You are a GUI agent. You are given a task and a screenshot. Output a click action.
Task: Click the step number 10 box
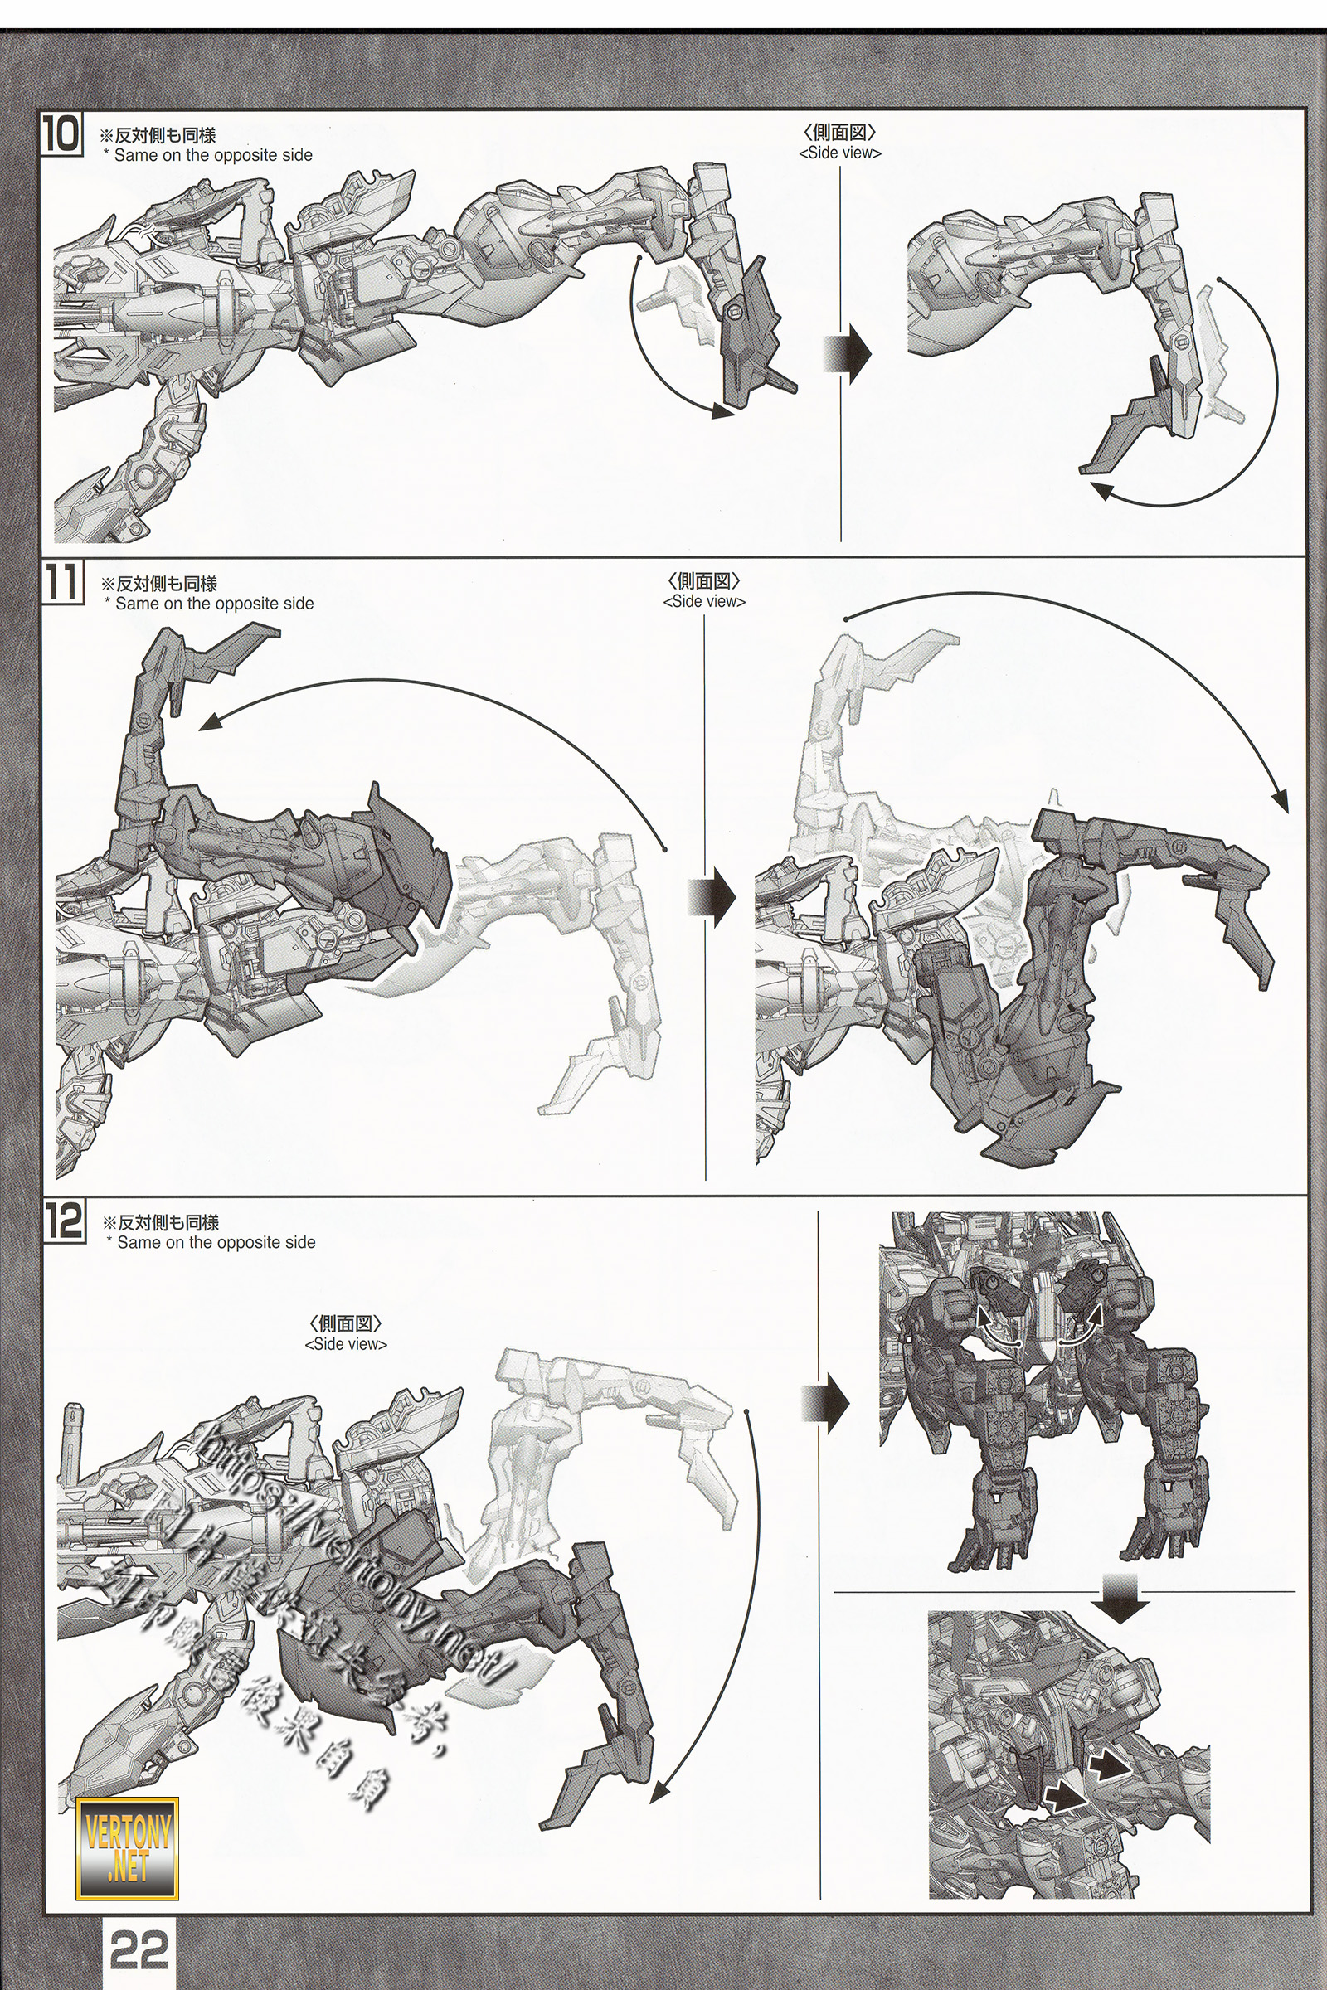61,136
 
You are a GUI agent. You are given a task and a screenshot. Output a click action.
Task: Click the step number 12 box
64,1222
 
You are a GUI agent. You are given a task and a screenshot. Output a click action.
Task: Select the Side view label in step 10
839,153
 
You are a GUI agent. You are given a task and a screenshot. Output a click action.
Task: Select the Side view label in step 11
704,602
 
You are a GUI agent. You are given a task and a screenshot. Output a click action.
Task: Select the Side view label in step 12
345,1344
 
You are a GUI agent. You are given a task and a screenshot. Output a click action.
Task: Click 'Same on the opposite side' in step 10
212,156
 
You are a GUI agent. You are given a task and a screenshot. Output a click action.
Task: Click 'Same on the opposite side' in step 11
214,604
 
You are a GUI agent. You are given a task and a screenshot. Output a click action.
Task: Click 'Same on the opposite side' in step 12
216,1243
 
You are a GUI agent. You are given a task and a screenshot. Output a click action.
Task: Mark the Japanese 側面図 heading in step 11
704,581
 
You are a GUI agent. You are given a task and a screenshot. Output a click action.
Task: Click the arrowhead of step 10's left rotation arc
722,412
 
